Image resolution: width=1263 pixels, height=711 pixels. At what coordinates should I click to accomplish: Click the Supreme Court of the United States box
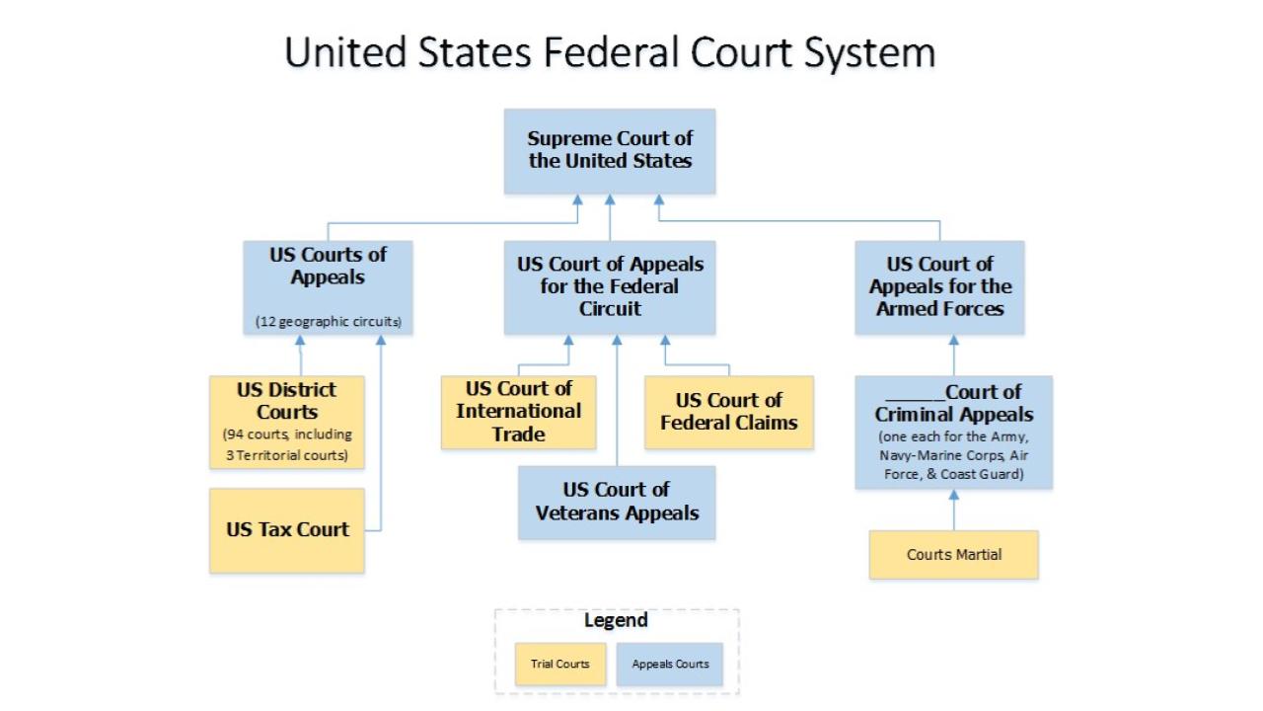(609, 151)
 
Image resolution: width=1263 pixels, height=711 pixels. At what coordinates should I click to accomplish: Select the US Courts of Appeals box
(328, 287)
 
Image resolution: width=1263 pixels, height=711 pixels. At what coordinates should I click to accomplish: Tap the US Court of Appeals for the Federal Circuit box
(609, 287)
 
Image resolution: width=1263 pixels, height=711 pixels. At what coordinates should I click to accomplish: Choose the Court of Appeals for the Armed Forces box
(939, 287)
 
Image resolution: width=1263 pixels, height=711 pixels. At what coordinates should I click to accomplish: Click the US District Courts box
(286, 422)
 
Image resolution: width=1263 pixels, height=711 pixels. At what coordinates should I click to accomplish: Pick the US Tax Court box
(286, 530)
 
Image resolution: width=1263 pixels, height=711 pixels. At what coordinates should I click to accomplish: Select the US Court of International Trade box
(518, 412)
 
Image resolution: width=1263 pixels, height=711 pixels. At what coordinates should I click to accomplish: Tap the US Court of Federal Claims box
(728, 412)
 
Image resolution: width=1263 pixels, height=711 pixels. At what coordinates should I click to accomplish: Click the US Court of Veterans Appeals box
(617, 502)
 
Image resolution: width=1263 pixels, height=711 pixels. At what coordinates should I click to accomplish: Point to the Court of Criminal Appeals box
(953, 432)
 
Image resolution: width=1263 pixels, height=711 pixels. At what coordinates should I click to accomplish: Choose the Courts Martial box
(953, 555)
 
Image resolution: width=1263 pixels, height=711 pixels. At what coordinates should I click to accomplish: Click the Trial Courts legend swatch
(559, 664)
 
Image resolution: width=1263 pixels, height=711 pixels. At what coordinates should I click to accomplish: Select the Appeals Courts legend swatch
(670, 664)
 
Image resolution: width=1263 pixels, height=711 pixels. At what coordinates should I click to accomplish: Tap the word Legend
(616, 620)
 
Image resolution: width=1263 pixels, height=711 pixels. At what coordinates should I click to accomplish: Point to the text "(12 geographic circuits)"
(328, 322)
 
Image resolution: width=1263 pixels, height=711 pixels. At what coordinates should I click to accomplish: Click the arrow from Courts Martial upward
(953, 512)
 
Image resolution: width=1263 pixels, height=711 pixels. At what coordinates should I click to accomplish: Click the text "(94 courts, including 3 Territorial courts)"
(286, 445)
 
